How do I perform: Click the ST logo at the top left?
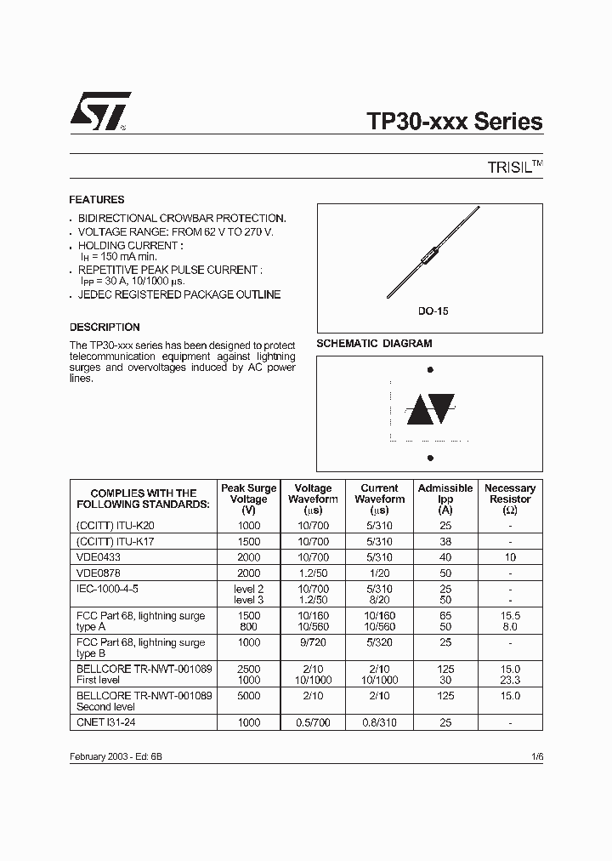[x=100, y=111]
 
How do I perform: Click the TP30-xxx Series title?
[x=455, y=122]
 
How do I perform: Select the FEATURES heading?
[x=97, y=200]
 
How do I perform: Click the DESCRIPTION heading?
[x=105, y=327]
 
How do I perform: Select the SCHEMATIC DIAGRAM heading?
[x=374, y=344]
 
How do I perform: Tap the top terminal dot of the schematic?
[x=430, y=370]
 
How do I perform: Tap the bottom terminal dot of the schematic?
[x=430, y=458]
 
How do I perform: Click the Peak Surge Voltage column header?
[x=249, y=499]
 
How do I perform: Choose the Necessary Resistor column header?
[x=510, y=499]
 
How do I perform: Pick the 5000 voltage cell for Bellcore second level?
[x=249, y=695]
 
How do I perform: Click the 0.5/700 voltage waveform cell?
[x=314, y=722]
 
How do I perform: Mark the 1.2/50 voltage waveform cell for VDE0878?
[x=314, y=573]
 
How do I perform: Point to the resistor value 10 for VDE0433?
[x=510, y=557]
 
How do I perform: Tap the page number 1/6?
[x=535, y=756]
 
